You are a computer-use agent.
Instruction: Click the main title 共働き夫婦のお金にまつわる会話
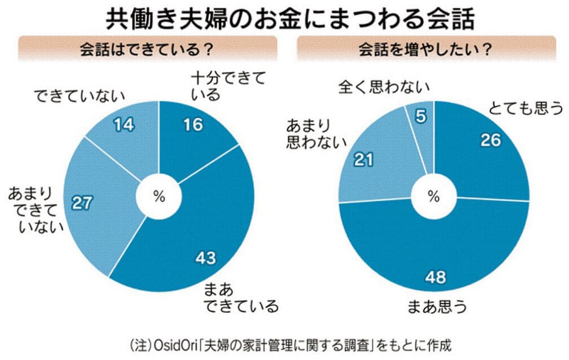pos(290,18)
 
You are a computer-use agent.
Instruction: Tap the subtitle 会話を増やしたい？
pos(425,49)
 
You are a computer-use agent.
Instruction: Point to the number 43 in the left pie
pos(206,258)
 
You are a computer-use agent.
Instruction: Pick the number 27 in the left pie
pos(81,203)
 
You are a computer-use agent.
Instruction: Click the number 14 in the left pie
pos(123,125)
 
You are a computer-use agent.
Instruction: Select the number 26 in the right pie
pos(490,140)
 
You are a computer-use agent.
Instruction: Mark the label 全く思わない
pos(384,86)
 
